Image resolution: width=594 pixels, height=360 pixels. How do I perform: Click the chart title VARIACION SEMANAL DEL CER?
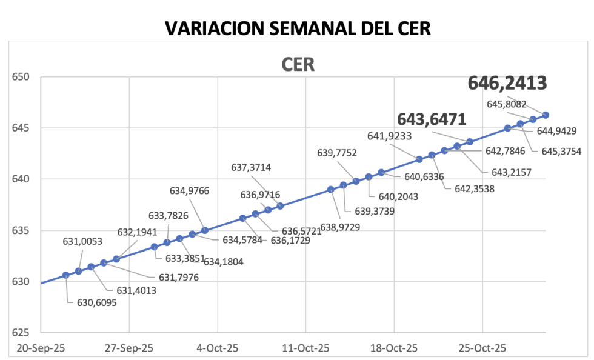click(x=297, y=28)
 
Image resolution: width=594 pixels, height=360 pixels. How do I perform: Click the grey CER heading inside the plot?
click(x=297, y=65)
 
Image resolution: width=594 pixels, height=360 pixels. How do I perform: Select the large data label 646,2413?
click(x=507, y=83)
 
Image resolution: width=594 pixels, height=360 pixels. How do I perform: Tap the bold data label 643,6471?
click(x=431, y=119)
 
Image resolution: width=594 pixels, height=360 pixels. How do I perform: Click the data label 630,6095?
click(x=97, y=302)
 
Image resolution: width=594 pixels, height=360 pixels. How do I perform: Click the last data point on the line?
click(x=546, y=115)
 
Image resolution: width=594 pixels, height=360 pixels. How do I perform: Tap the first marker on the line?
click(x=65, y=275)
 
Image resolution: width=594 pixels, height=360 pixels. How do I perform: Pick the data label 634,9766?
click(x=189, y=192)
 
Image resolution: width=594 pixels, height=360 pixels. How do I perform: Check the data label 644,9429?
click(x=556, y=130)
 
